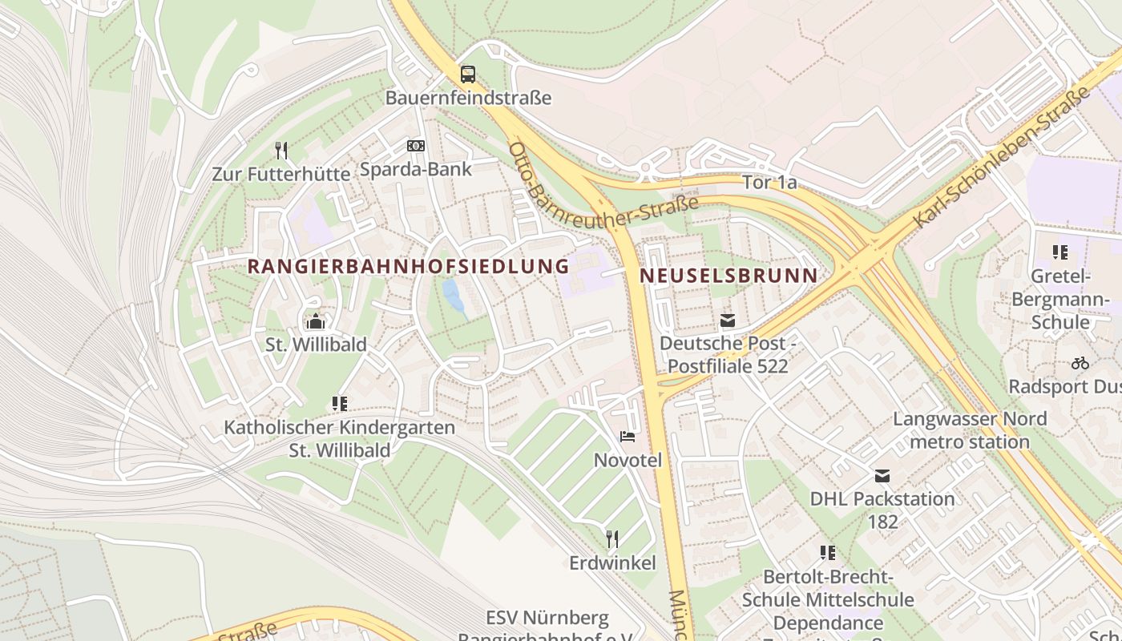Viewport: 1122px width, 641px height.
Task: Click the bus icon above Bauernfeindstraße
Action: (467, 75)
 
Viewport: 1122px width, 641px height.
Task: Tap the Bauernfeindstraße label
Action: (468, 98)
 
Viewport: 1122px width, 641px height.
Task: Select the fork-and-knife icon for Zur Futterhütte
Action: (280, 150)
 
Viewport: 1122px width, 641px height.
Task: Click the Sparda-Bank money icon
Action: (415, 146)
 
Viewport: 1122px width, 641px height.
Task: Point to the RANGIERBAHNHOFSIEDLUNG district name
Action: (408, 266)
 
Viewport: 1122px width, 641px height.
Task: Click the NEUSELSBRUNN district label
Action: (728, 276)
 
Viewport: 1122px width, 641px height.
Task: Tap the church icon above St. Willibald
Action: (316, 321)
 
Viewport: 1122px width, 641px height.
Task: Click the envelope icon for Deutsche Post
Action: (727, 320)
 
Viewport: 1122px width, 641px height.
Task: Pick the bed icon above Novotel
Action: (628, 437)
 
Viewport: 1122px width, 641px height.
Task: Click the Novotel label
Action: (628, 460)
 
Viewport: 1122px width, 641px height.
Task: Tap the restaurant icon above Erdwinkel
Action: (612, 538)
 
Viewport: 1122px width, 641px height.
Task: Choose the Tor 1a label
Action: (769, 183)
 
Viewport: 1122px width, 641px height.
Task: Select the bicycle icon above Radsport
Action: (1080, 363)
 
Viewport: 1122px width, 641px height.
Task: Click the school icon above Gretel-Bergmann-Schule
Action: (1060, 252)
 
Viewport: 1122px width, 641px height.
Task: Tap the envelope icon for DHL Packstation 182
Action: (882, 476)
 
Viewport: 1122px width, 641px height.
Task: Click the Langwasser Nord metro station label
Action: (970, 430)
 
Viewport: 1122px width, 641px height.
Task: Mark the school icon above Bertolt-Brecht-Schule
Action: (828, 553)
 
